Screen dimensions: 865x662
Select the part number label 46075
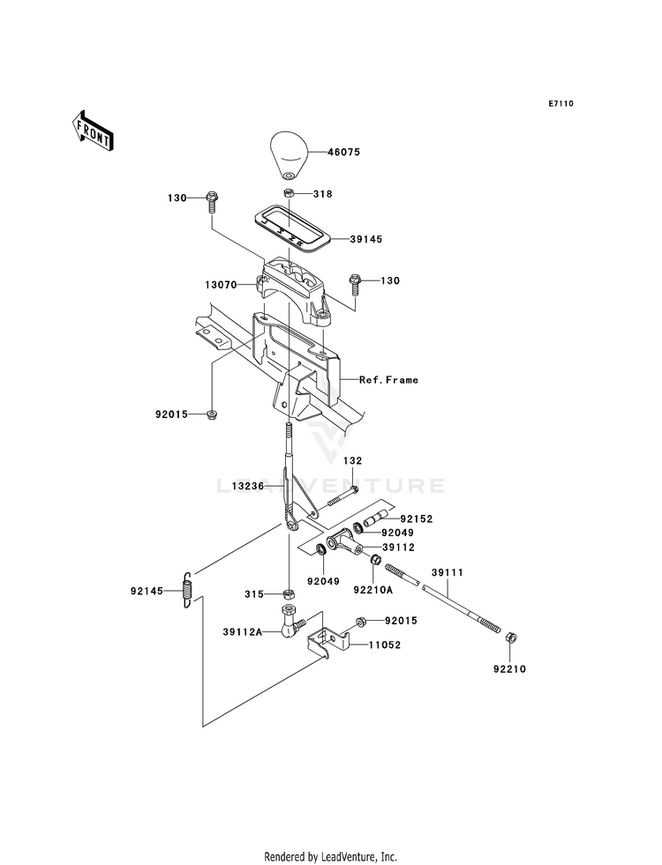point(343,152)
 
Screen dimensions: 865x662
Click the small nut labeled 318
point(289,193)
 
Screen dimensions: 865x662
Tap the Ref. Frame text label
point(388,380)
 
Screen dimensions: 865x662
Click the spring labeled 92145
point(187,590)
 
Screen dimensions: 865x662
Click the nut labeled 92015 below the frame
point(213,414)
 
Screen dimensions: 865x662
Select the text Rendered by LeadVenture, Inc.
point(331,856)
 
